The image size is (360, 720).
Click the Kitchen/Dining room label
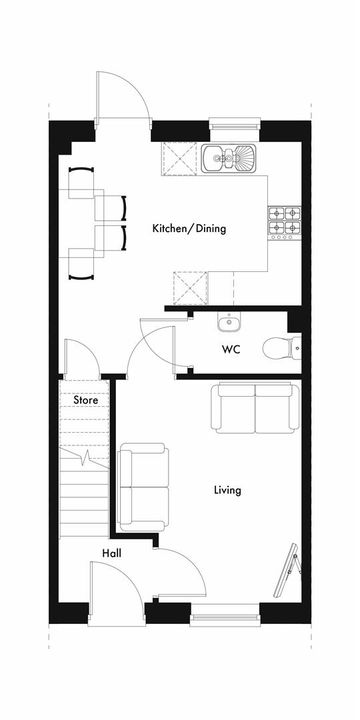(189, 229)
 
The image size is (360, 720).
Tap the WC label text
(231, 349)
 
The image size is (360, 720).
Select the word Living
(227, 491)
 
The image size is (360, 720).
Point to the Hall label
(111, 553)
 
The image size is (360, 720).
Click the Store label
(85, 401)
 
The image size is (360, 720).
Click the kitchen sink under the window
(229, 158)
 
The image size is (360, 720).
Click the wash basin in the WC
(229, 323)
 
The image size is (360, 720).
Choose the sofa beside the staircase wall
(143, 487)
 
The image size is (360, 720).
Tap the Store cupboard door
(80, 357)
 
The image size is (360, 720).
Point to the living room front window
(224, 615)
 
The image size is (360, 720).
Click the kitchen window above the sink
(233, 124)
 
